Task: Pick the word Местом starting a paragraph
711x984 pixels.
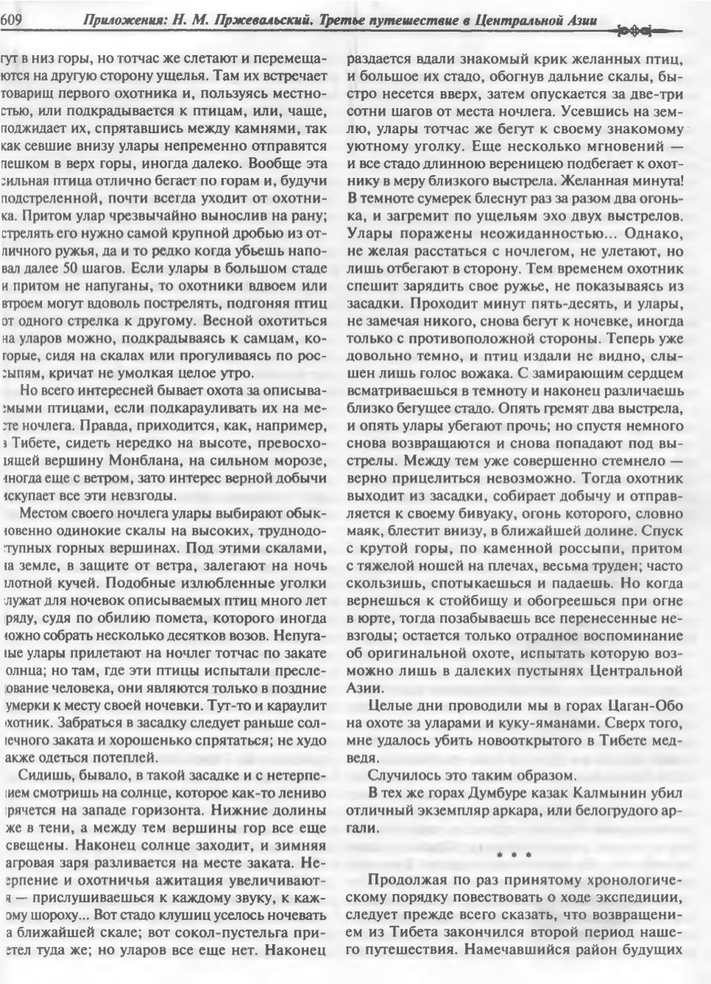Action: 49,513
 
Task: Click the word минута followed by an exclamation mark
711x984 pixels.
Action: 648,179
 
